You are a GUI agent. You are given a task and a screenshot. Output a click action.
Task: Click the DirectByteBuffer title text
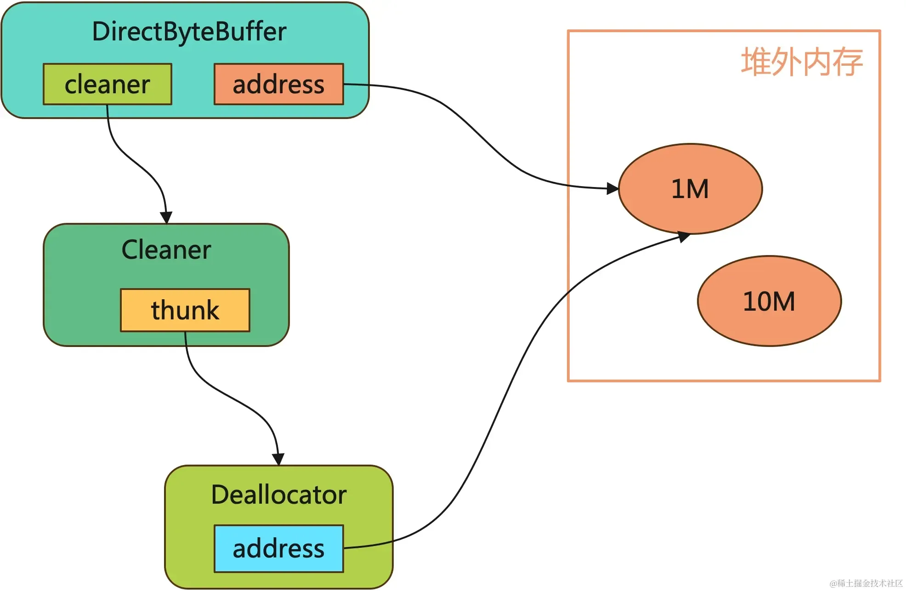(189, 32)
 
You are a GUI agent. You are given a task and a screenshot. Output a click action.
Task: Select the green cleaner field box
(108, 85)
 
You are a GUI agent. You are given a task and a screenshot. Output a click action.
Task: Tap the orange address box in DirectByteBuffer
(278, 85)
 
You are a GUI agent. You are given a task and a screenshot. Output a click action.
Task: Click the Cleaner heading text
(166, 250)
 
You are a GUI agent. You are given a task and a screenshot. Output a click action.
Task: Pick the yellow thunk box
(185, 310)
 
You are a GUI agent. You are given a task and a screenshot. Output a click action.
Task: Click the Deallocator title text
(278, 495)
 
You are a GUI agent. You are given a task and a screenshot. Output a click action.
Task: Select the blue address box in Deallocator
(278, 549)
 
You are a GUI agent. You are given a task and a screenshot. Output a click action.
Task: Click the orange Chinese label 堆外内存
(802, 62)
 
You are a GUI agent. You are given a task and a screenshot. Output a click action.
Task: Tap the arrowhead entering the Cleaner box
(166, 217)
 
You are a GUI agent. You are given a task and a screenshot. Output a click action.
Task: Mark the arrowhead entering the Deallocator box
(278, 459)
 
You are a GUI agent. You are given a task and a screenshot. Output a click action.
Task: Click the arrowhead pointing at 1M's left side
(612, 188)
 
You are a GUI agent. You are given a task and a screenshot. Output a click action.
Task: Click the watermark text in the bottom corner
(866, 583)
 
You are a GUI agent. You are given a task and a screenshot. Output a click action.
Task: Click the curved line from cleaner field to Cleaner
(133, 161)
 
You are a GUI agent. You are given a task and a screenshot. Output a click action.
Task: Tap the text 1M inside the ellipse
(690, 189)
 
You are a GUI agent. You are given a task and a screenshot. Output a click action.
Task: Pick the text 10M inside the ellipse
(769, 301)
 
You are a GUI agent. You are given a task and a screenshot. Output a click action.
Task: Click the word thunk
(185, 310)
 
